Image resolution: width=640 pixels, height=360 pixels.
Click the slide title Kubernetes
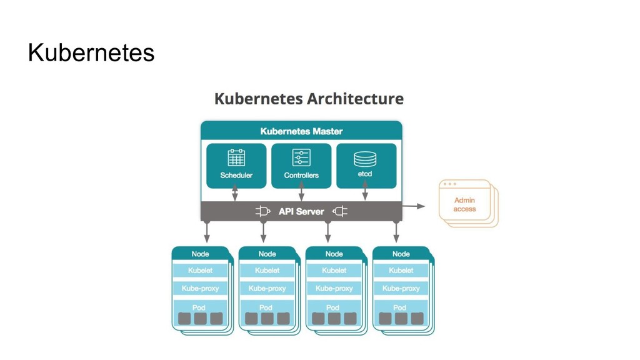point(91,54)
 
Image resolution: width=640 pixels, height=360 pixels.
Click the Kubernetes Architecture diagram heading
point(309,99)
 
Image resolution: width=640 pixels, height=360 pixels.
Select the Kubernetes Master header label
point(301,131)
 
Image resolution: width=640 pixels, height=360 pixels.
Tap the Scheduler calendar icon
point(236,157)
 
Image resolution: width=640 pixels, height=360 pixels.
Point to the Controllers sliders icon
point(301,157)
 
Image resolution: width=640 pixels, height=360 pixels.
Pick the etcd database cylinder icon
point(365,157)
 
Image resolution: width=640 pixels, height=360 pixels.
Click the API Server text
point(301,211)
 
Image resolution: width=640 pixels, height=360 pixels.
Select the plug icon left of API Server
point(262,211)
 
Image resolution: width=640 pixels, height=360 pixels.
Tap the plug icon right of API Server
point(339,211)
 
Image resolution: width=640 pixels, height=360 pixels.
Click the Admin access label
point(464,204)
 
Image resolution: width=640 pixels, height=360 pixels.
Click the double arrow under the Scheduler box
point(235,194)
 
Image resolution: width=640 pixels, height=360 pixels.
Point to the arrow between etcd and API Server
point(365,194)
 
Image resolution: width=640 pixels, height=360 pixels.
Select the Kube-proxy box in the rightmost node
point(401,288)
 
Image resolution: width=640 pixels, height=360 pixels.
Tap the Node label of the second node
point(267,254)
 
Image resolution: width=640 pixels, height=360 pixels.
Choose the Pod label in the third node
point(333,307)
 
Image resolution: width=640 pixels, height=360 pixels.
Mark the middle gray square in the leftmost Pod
point(200,319)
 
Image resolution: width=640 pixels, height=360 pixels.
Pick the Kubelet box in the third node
point(334,271)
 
